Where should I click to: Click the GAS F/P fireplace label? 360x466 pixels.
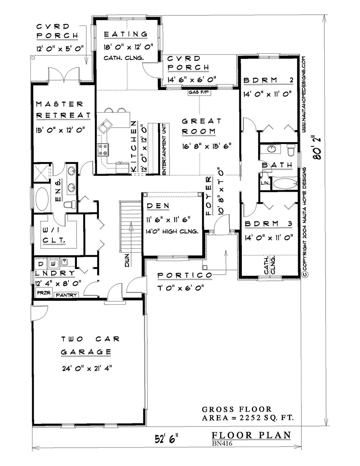coord(199,92)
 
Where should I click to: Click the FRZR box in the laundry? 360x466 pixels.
coord(44,293)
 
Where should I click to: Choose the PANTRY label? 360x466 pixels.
coord(66,295)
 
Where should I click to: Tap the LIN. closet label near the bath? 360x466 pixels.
coord(265,183)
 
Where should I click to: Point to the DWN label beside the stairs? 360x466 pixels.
coord(127,261)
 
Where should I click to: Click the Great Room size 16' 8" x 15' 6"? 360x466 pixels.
coord(207,147)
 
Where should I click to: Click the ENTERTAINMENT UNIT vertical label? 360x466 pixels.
coord(164,149)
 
